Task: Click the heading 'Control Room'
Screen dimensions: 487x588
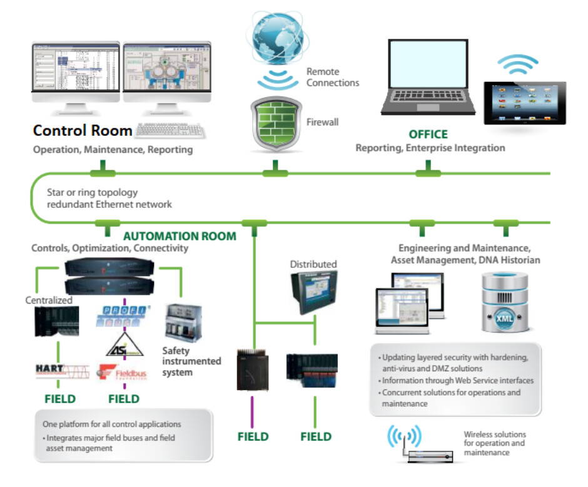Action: click(82, 131)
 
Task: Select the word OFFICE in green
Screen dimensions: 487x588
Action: click(428, 134)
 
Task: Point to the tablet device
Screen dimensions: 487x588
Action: click(525, 102)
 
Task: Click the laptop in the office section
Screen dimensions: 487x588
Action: click(428, 78)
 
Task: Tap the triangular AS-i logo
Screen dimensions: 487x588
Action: click(123, 345)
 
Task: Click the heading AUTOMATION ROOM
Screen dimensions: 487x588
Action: click(180, 236)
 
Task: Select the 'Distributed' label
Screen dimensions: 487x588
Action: click(313, 264)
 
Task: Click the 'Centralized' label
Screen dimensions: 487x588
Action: click(49, 300)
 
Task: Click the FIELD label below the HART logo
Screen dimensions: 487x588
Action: click(60, 399)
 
